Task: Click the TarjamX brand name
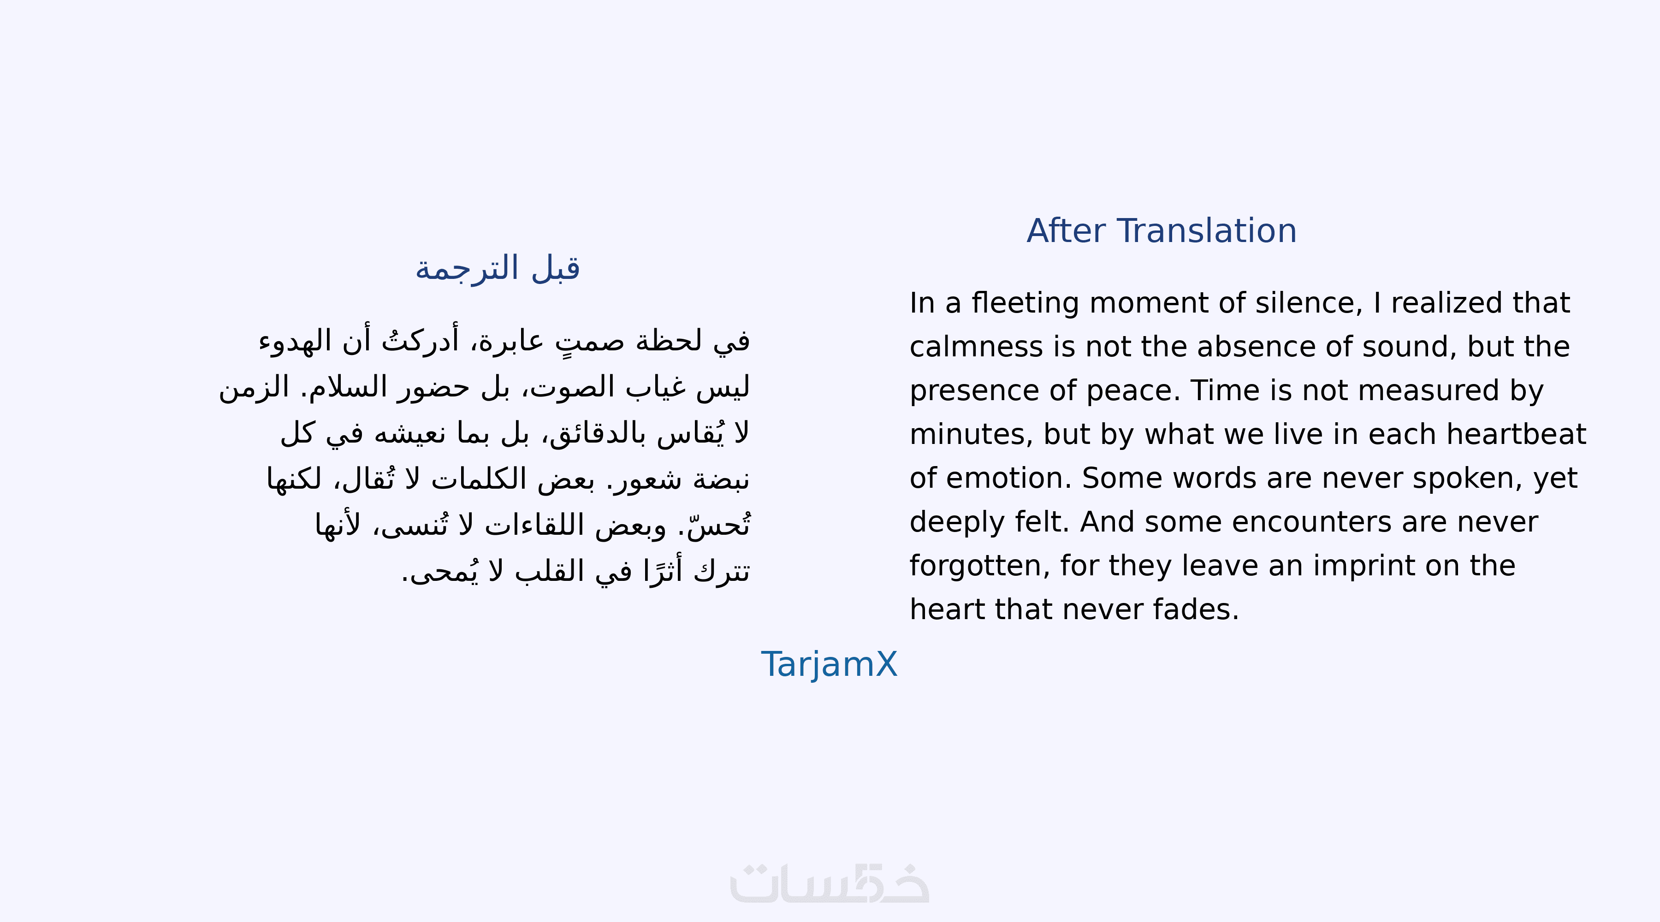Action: (830, 664)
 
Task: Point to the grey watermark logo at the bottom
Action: (830, 883)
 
